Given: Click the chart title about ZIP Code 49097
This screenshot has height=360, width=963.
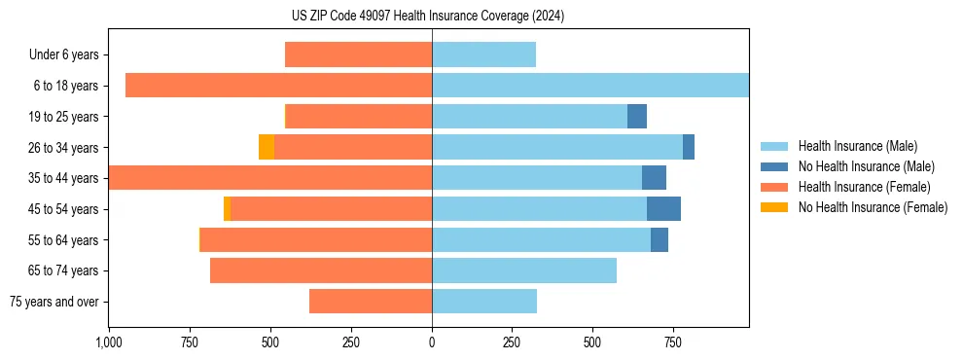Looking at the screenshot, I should (x=428, y=17).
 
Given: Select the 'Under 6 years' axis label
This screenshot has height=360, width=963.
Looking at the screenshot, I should (x=63, y=55).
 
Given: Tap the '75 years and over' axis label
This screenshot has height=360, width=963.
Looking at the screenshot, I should (x=54, y=302).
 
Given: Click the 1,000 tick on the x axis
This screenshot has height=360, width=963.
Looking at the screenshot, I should (x=108, y=342).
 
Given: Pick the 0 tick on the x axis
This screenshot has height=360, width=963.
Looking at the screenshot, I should (x=432, y=342).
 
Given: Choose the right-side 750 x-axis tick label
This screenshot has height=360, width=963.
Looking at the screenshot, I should (x=672, y=342).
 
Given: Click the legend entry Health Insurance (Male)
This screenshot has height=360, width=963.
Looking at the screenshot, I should (x=857, y=146).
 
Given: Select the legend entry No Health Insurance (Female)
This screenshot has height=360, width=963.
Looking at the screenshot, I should (x=873, y=207).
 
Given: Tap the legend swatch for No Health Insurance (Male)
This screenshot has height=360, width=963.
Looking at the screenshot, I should (x=774, y=166).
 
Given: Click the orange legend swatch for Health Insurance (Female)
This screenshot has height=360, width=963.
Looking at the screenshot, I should (x=774, y=187).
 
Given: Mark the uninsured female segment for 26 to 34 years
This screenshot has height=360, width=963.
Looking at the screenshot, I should (x=267, y=147).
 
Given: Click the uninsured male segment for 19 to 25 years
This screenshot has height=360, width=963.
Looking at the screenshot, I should (x=637, y=117).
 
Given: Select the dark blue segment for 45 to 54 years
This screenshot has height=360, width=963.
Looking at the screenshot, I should (x=663, y=208).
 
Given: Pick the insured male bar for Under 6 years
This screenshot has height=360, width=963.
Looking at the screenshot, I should (x=483, y=54).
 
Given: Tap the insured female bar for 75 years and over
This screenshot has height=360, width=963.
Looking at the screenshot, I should (x=371, y=302).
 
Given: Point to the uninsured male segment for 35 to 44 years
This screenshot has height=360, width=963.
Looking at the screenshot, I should (x=654, y=178).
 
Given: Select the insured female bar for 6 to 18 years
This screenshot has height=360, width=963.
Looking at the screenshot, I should (x=278, y=86).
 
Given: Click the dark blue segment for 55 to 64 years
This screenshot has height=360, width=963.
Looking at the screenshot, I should (x=660, y=239).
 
